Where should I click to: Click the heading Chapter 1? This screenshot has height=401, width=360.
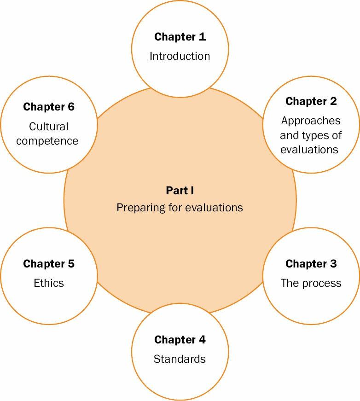(x=180, y=37)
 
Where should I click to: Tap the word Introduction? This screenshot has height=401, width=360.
(x=180, y=56)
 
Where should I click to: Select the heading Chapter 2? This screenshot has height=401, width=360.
(x=311, y=101)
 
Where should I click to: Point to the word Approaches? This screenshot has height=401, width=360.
(x=311, y=121)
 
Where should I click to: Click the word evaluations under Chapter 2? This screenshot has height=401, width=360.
(x=309, y=149)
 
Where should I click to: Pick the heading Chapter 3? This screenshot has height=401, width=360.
(x=311, y=264)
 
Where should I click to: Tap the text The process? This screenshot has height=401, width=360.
(x=311, y=283)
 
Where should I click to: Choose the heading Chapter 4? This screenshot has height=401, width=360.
(x=180, y=340)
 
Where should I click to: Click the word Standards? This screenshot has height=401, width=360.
(x=180, y=359)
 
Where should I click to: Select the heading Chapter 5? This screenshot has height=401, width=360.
(x=48, y=264)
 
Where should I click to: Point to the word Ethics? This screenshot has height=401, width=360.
(x=48, y=283)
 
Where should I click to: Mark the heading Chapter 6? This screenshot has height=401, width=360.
(x=48, y=107)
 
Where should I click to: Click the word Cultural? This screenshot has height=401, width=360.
(x=48, y=126)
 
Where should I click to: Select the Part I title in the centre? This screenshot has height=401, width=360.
(x=180, y=190)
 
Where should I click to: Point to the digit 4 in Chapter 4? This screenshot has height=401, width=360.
(x=202, y=340)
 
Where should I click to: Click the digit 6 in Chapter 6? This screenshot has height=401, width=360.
(x=71, y=107)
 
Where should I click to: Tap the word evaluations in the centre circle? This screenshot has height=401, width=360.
(x=214, y=208)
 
